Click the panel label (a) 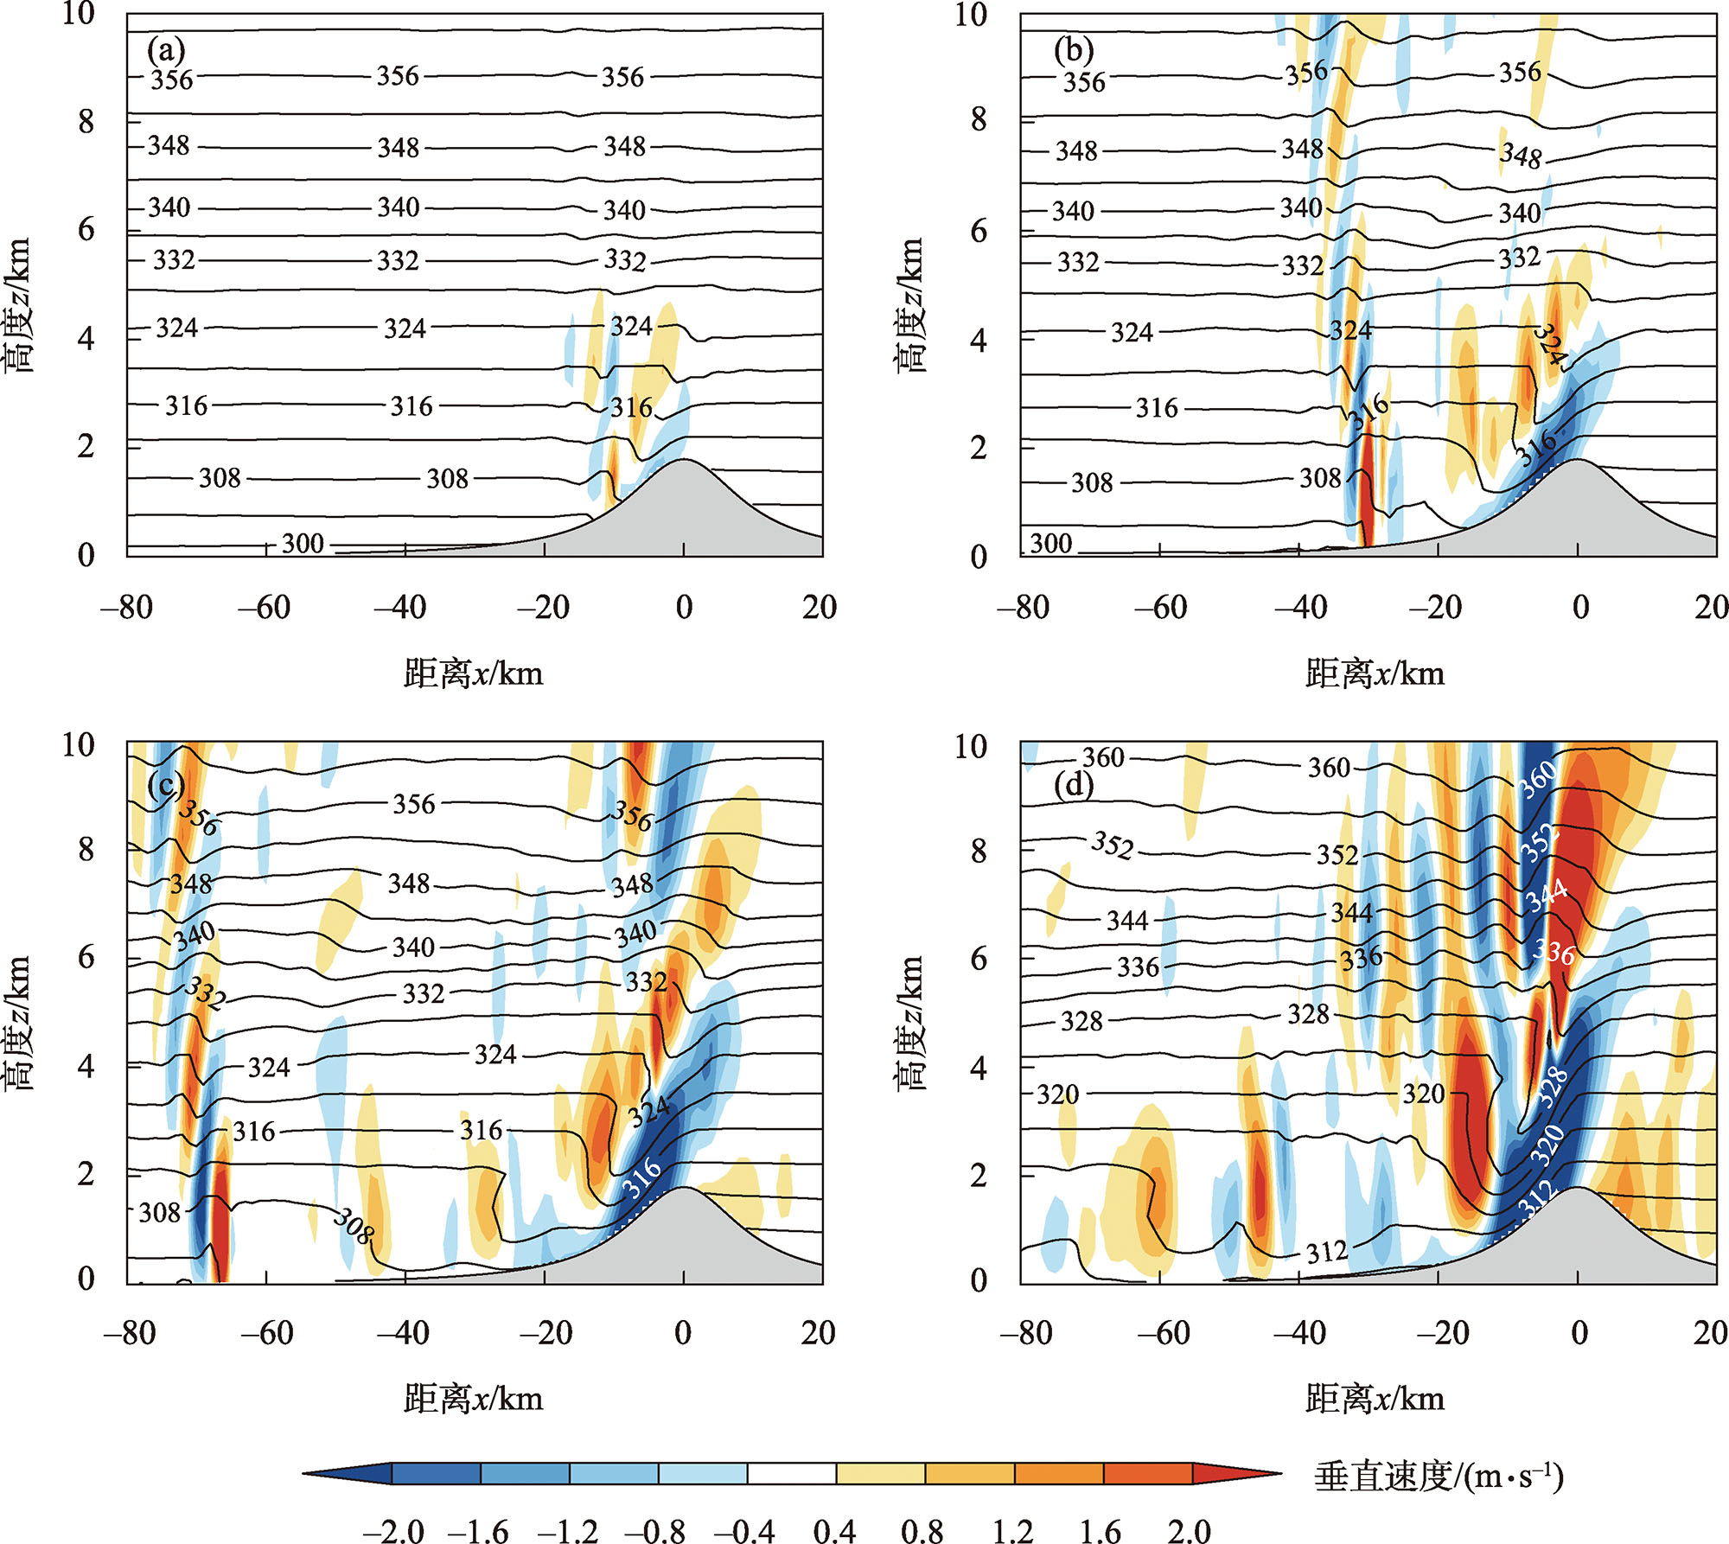[166, 51]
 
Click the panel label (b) [1074, 51]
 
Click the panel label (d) [1074, 784]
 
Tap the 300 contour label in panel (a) [303, 544]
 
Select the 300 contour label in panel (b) [1051, 544]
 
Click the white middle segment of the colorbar [792, 1473]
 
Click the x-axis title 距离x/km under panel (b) [1375, 673]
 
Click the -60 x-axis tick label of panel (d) [1163, 1333]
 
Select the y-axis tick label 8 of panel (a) [86, 121]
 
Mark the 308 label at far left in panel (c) [160, 1213]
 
